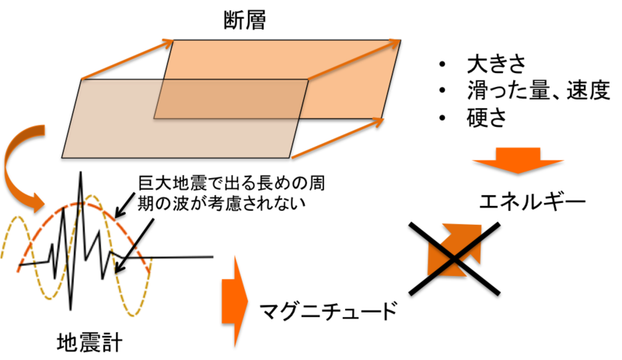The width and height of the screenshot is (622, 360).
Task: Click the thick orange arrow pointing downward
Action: tap(518, 158)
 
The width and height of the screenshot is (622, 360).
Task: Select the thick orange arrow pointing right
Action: tap(233, 299)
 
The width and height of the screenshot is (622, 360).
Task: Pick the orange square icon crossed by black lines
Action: tap(456, 249)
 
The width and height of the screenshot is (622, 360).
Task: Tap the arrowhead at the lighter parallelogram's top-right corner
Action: tap(396, 40)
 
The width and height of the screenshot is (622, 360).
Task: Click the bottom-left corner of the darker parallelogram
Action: tap(63, 157)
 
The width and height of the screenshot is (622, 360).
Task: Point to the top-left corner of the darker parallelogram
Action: tap(82, 80)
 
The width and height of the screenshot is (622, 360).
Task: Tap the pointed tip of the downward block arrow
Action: tap(519, 173)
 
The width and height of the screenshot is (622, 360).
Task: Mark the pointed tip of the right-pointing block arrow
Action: tap(247, 299)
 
